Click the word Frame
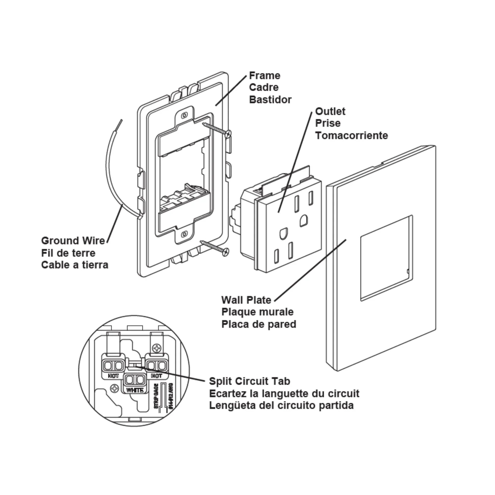264,76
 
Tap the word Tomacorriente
352,136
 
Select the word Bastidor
270,100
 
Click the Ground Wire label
73,241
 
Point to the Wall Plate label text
246,300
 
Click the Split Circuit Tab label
249,381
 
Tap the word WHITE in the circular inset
135,390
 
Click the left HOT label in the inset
113,376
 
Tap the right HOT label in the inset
156,376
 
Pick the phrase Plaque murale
257,312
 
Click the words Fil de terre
68,253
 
